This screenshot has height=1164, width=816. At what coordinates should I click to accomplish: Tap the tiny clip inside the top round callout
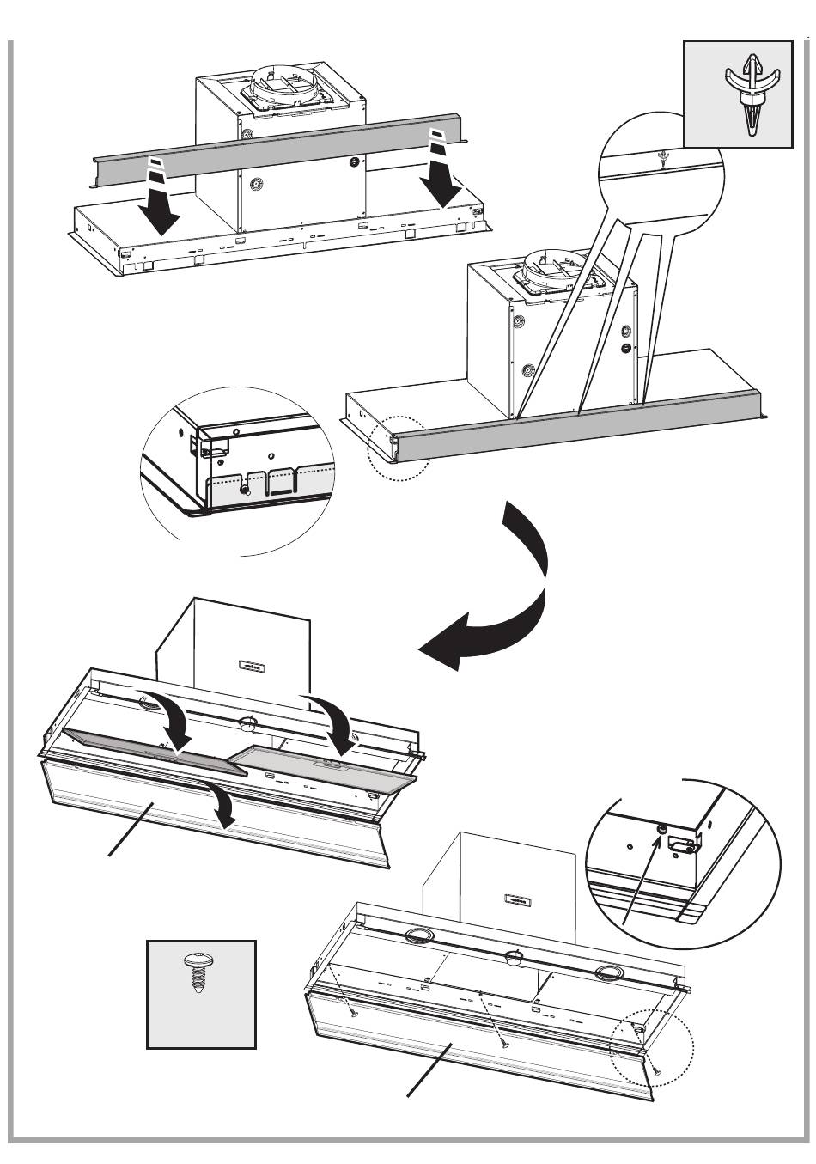[x=661, y=158]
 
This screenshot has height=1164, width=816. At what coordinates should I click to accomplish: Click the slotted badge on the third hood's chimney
[x=251, y=666]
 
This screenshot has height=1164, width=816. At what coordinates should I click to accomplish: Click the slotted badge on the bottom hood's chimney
[x=517, y=899]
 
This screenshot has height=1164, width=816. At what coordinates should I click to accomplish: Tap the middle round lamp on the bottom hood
[x=515, y=958]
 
